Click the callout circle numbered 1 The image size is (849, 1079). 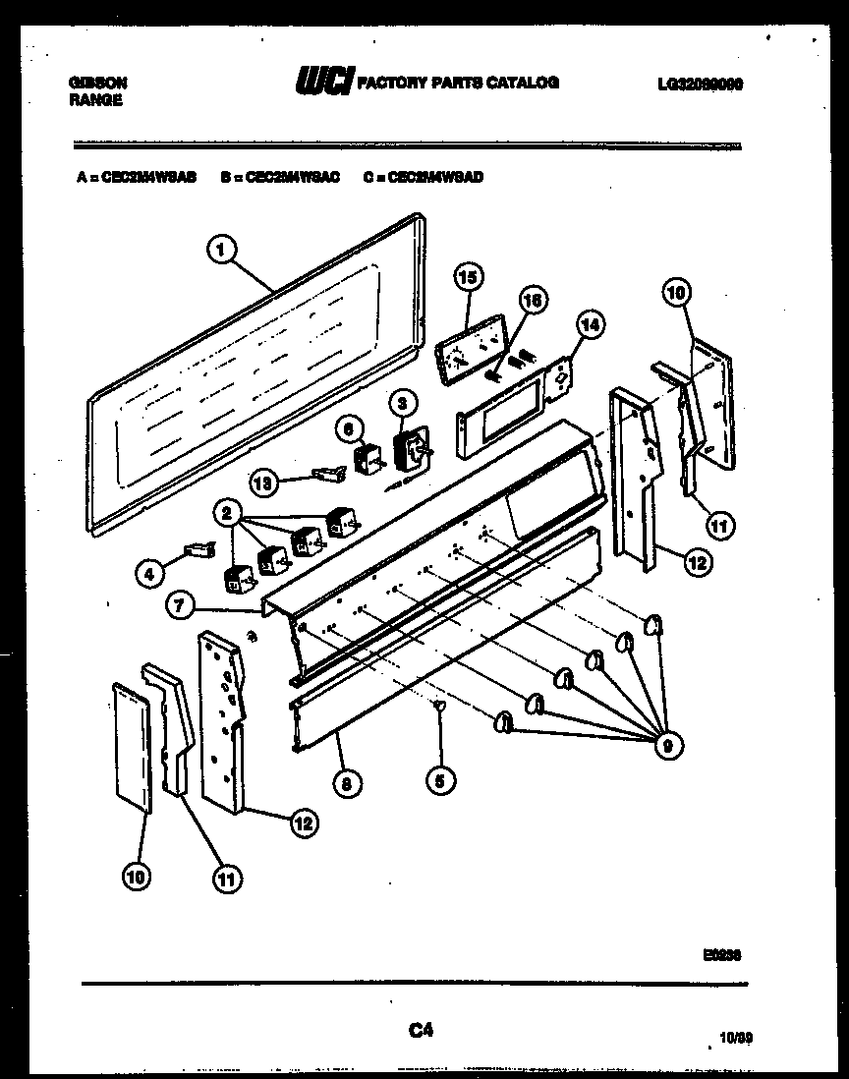point(222,251)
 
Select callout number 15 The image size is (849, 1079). point(468,278)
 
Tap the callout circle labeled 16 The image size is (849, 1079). point(532,301)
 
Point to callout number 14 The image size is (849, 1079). point(591,325)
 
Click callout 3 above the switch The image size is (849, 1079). point(401,402)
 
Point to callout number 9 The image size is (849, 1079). point(667,746)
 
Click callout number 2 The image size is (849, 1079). point(227,512)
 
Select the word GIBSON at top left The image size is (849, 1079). point(97,84)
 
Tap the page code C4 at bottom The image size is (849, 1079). point(421,1031)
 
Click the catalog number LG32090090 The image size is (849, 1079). point(700,85)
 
